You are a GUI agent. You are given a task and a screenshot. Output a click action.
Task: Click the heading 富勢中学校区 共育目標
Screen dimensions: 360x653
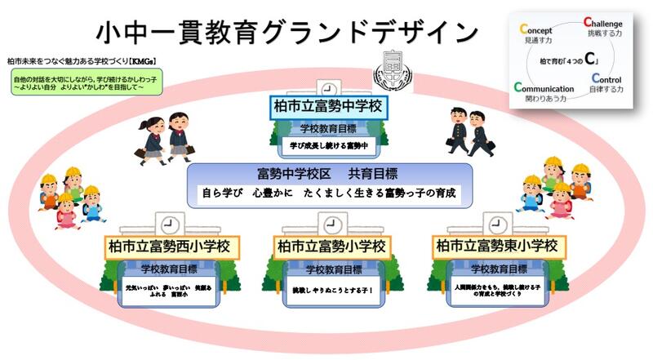point(326,173)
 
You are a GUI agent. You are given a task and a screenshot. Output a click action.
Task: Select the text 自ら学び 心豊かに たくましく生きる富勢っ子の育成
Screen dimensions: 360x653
point(326,195)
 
